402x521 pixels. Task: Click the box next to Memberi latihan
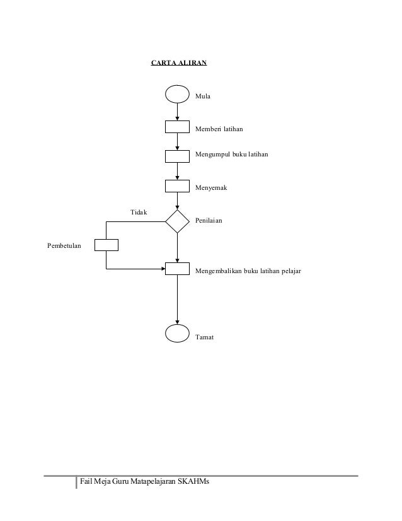(x=177, y=127)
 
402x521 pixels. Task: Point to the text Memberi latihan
(x=219, y=129)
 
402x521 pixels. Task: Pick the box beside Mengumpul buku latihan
(x=177, y=156)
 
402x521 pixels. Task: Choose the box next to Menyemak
(x=177, y=185)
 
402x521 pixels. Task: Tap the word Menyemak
(x=212, y=188)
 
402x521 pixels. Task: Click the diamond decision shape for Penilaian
(x=177, y=221)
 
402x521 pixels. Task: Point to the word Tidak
(x=139, y=212)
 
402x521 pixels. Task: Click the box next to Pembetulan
(x=106, y=245)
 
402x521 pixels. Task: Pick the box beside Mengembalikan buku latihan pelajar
(x=177, y=269)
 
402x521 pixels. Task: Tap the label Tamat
(x=205, y=337)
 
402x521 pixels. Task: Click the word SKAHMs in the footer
(x=193, y=483)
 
